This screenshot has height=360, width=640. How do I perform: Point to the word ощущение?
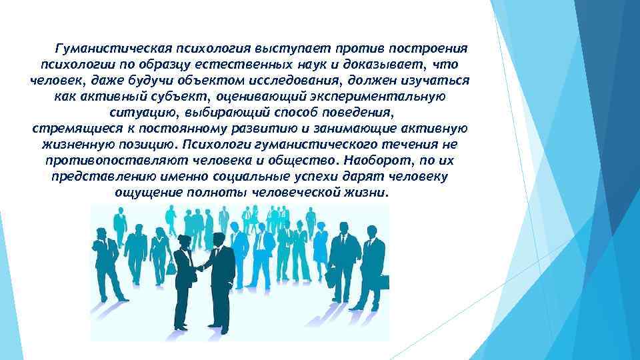145,193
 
